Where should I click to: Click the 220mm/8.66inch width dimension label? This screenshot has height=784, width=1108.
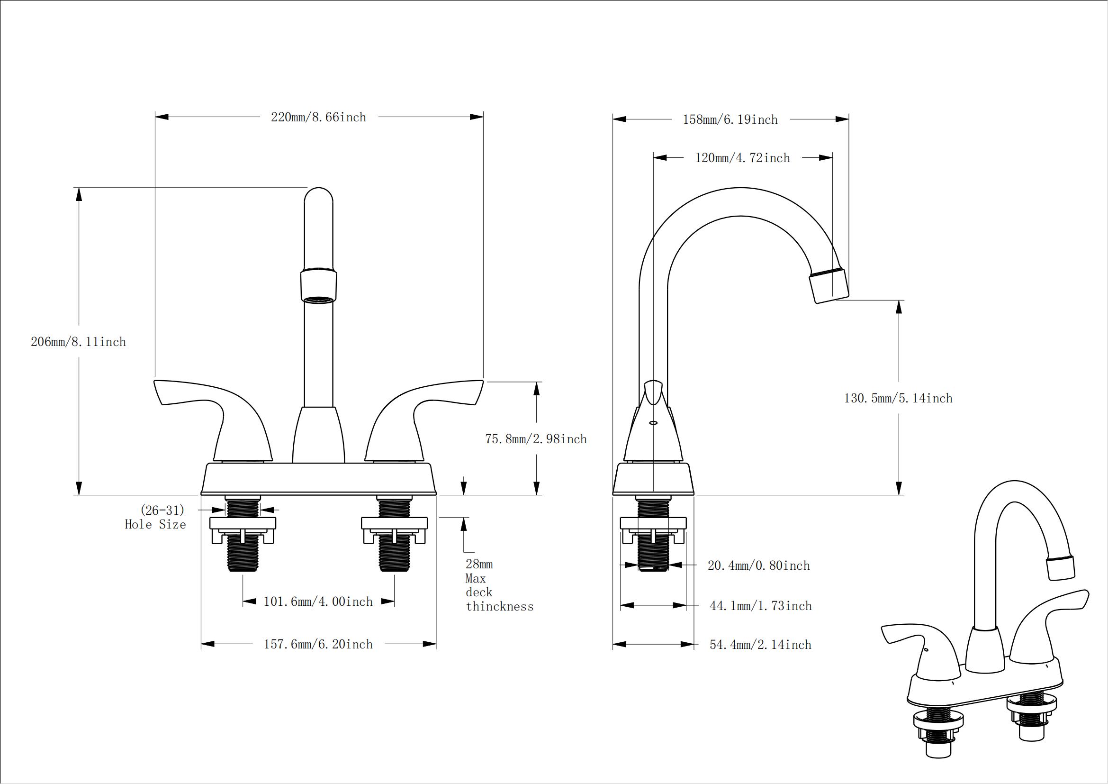318,117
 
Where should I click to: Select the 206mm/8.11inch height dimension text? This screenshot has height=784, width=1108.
78,342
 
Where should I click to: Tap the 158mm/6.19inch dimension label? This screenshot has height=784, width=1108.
730,120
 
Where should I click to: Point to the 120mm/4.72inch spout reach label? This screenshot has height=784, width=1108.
743,158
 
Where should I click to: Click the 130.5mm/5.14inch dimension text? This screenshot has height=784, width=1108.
898,399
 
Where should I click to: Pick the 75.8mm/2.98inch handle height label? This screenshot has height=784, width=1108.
536,439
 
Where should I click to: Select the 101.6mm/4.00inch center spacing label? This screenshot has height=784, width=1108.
318,602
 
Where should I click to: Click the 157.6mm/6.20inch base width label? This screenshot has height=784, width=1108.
318,645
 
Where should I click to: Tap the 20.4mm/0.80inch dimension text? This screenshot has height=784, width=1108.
758,566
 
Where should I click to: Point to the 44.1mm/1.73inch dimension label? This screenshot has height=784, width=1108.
761,606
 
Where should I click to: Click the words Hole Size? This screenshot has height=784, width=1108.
155,525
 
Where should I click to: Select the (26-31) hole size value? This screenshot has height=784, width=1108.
162,511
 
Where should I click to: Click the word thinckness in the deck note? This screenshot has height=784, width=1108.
499,607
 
